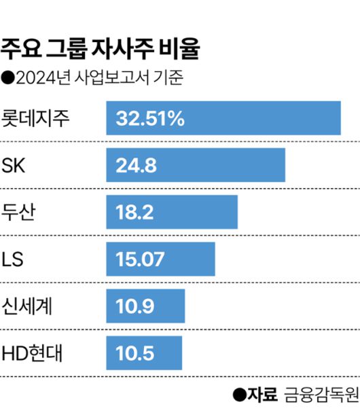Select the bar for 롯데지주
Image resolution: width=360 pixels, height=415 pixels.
[x=223, y=118]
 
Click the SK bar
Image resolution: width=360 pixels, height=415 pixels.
[x=196, y=165]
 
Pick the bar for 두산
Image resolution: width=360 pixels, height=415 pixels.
[x=172, y=212]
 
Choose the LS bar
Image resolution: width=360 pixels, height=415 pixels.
[x=160, y=259]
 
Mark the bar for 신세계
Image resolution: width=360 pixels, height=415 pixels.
[x=145, y=306]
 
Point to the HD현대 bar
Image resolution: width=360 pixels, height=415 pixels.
[x=144, y=353]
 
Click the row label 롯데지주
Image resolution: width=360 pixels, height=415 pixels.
[x=37, y=118]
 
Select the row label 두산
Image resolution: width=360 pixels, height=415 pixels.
[x=20, y=212]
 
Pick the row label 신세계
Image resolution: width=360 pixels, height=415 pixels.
[x=29, y=306]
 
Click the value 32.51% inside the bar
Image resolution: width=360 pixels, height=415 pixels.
[x=150, y=118]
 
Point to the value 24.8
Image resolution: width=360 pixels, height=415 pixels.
[x=137, y=165]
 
